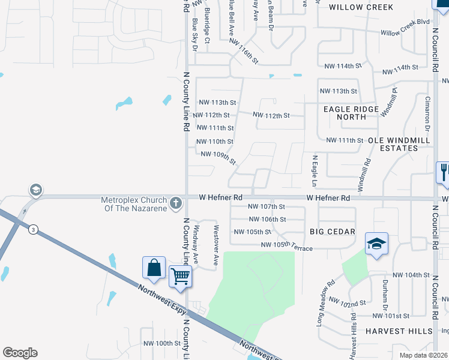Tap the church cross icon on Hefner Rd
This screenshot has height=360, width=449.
pos(176,203)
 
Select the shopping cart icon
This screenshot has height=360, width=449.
pos(180,277)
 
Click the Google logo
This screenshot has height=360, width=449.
pos(20,353)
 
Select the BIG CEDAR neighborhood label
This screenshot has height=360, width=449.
pos(333,232)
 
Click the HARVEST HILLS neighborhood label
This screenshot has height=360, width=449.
pos(399,331)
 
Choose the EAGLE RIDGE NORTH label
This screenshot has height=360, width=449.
pos(351,113)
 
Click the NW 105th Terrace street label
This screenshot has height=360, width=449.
pos(286,245)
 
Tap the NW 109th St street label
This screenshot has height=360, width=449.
pos(218,158)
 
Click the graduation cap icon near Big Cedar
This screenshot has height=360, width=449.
pos(376,243)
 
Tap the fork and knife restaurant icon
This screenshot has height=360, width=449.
pos(444,172)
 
